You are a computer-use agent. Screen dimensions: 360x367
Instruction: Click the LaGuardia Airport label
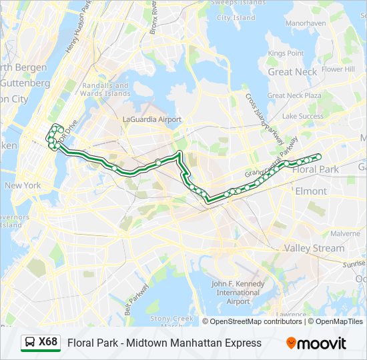click(152, 119)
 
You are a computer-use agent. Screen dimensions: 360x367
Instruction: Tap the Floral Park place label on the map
click(315, 169)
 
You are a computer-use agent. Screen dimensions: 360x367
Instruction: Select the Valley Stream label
click(314, 248)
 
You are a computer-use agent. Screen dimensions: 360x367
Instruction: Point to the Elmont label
click(311, 191)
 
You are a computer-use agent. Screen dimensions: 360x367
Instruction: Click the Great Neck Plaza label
click(294, 95)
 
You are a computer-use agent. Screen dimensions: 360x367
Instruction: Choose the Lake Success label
click(302, 116)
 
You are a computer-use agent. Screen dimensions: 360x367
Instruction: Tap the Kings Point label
click(286, 53)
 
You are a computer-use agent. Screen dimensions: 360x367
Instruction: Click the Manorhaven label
click(306, 23)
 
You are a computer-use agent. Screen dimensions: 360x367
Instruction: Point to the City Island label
click(236, 17)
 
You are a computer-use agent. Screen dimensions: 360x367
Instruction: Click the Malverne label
click(345, 233)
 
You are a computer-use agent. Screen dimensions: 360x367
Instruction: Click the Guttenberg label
click(25, 83)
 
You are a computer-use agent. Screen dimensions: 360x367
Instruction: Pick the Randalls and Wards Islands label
click(105, 89)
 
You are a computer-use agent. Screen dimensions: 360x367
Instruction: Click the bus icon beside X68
click(30, 343)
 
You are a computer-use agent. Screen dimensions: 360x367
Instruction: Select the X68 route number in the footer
click(48, 343)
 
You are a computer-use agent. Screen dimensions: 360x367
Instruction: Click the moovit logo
click(316, 343)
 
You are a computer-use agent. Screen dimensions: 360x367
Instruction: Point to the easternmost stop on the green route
click(318, 157)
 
